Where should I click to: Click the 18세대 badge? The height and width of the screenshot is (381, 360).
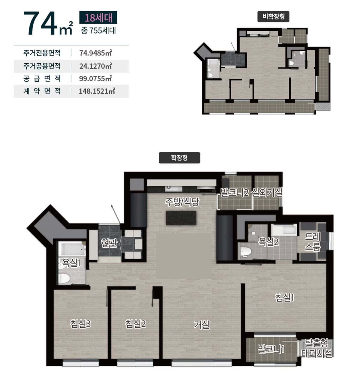pyautogui.click(x=98, y=17)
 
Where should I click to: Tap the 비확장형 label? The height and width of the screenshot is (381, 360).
pyautogui.click(x=273, y=16)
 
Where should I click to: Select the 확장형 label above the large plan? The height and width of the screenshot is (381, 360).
pyautogui.click(x=179, y=158)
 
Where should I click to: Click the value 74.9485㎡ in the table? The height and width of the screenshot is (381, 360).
pyautogui.click(x=96, y=53)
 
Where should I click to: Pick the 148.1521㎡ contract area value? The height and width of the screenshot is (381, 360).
pyautogui.click(x=97, y=91)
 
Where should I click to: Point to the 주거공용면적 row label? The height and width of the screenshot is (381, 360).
pyautogui.click(x=42, y=66)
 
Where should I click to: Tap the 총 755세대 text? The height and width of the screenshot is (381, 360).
pyautogui.click(x=98, y=31)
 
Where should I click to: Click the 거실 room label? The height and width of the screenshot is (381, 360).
pyautogui.click(x=202, y=325)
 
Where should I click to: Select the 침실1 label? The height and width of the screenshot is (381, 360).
pyautogui.click(x=285, y=298)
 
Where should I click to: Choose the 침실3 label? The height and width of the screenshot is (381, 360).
pyautogui.click(x=80, y=324)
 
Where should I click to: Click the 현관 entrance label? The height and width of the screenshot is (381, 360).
pyautogui.click(x=109, y=243)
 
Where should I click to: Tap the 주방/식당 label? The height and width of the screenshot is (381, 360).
pyautogui.click(x=182, y=202)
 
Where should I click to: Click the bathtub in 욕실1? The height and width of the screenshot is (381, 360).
pyautogui.click(x=72, y=249)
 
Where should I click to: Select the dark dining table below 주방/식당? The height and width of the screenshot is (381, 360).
pyautogui.click(x=181, y=218)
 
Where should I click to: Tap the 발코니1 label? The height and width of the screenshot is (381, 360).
pyautogui.click(x=271, y=349)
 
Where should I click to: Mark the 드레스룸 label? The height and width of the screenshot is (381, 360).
pyautogui.click(x=313, y=242)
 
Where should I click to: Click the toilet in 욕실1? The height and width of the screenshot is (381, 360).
pyautogui.click(x=64, y=278)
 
